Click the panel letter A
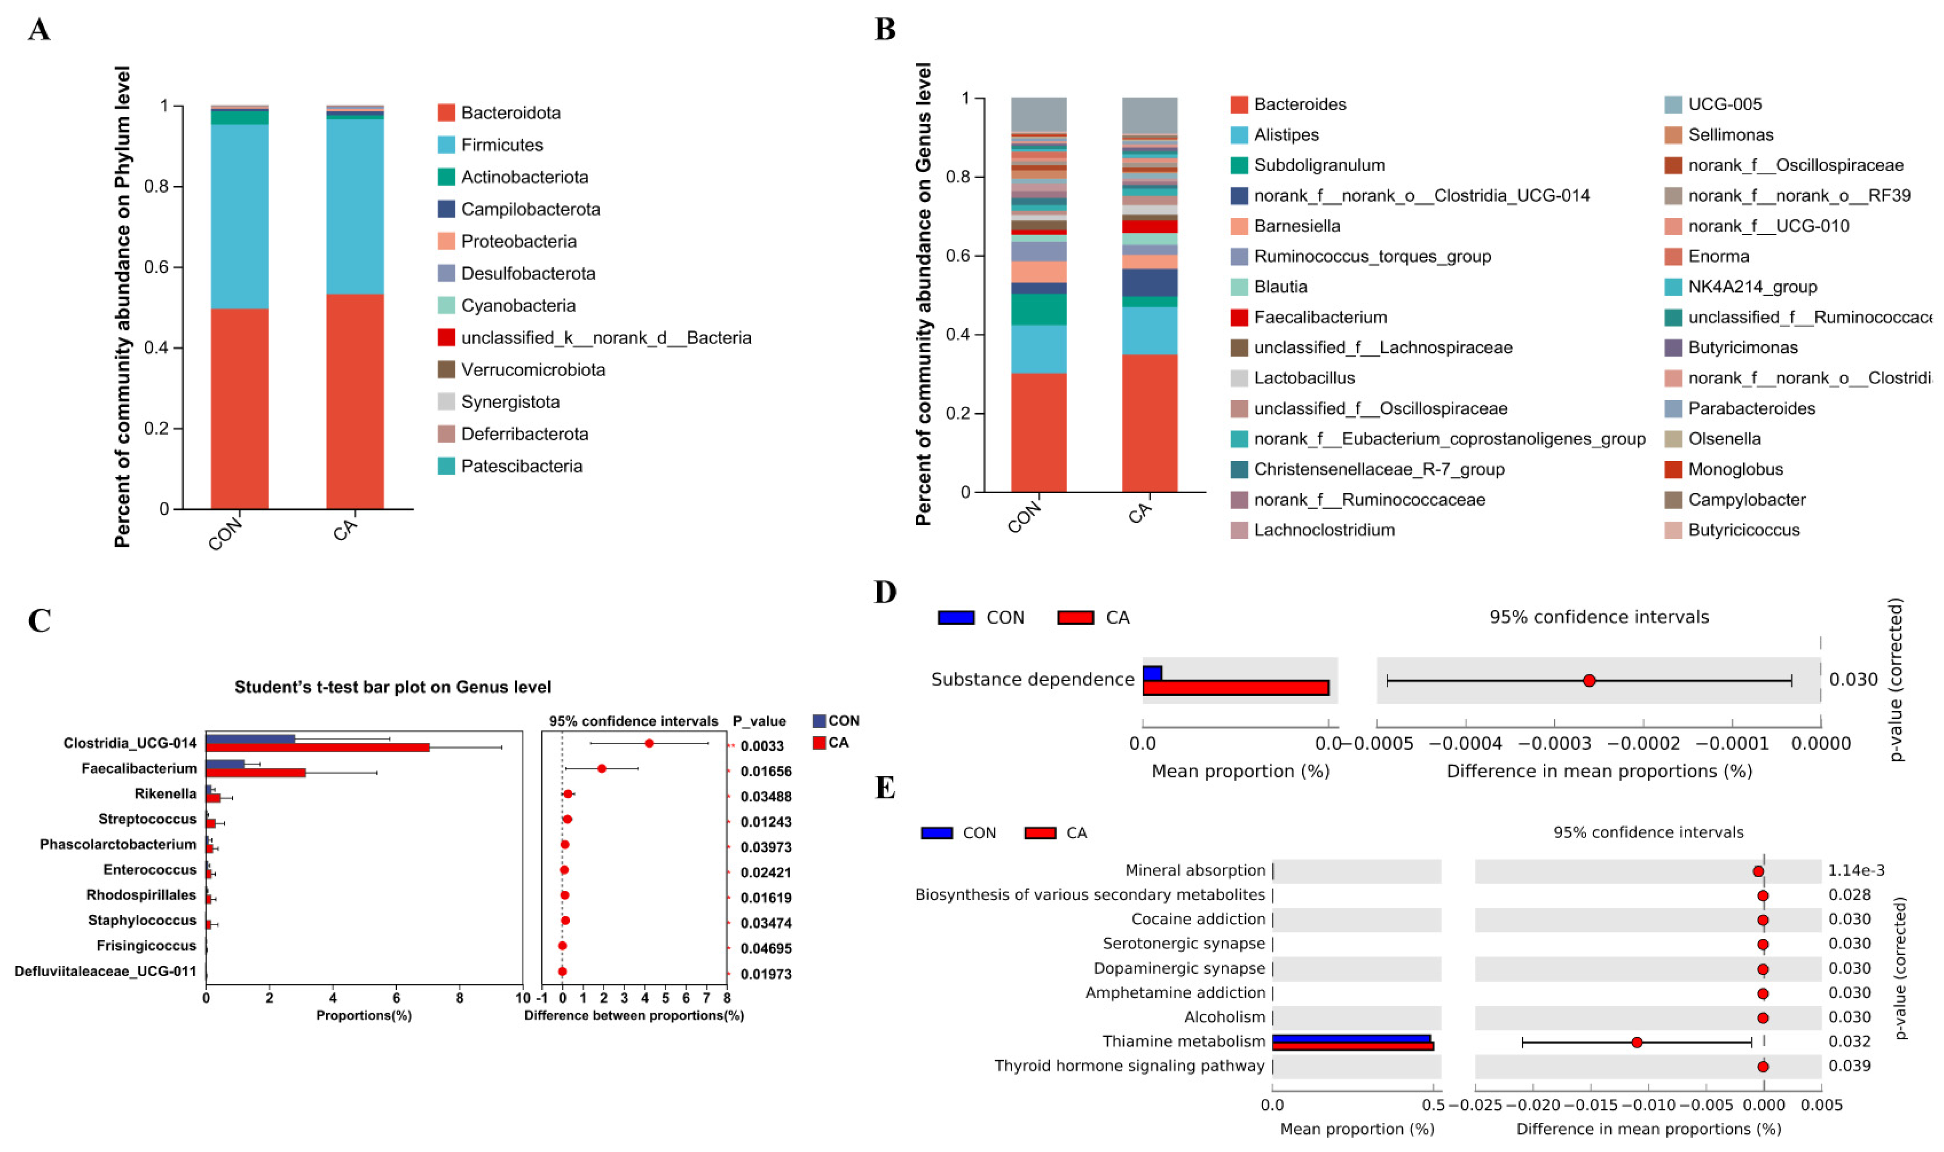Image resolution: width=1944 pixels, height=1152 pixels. [x=39, y=30]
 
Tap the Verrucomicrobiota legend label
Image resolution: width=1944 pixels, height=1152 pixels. [x=533, y=370]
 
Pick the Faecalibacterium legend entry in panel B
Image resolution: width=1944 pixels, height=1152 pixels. [x=1320, y=317]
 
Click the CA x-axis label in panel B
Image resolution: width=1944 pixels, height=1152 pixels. [x=1140, y=512]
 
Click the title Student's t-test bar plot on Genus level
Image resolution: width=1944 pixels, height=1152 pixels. [x=392, y=687]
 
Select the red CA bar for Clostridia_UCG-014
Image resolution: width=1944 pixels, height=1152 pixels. [x=317, y=748]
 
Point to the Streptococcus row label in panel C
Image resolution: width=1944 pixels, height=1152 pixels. [x=148, y=819]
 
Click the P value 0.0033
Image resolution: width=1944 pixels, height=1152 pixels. [x=762, y=746]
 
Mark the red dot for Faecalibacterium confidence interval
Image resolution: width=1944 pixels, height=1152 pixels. [x=601, y=768]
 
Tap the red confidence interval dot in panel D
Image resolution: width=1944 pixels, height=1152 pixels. [x=1589, y=681]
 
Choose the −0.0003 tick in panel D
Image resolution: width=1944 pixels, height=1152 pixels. [x=1554, y=744]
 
